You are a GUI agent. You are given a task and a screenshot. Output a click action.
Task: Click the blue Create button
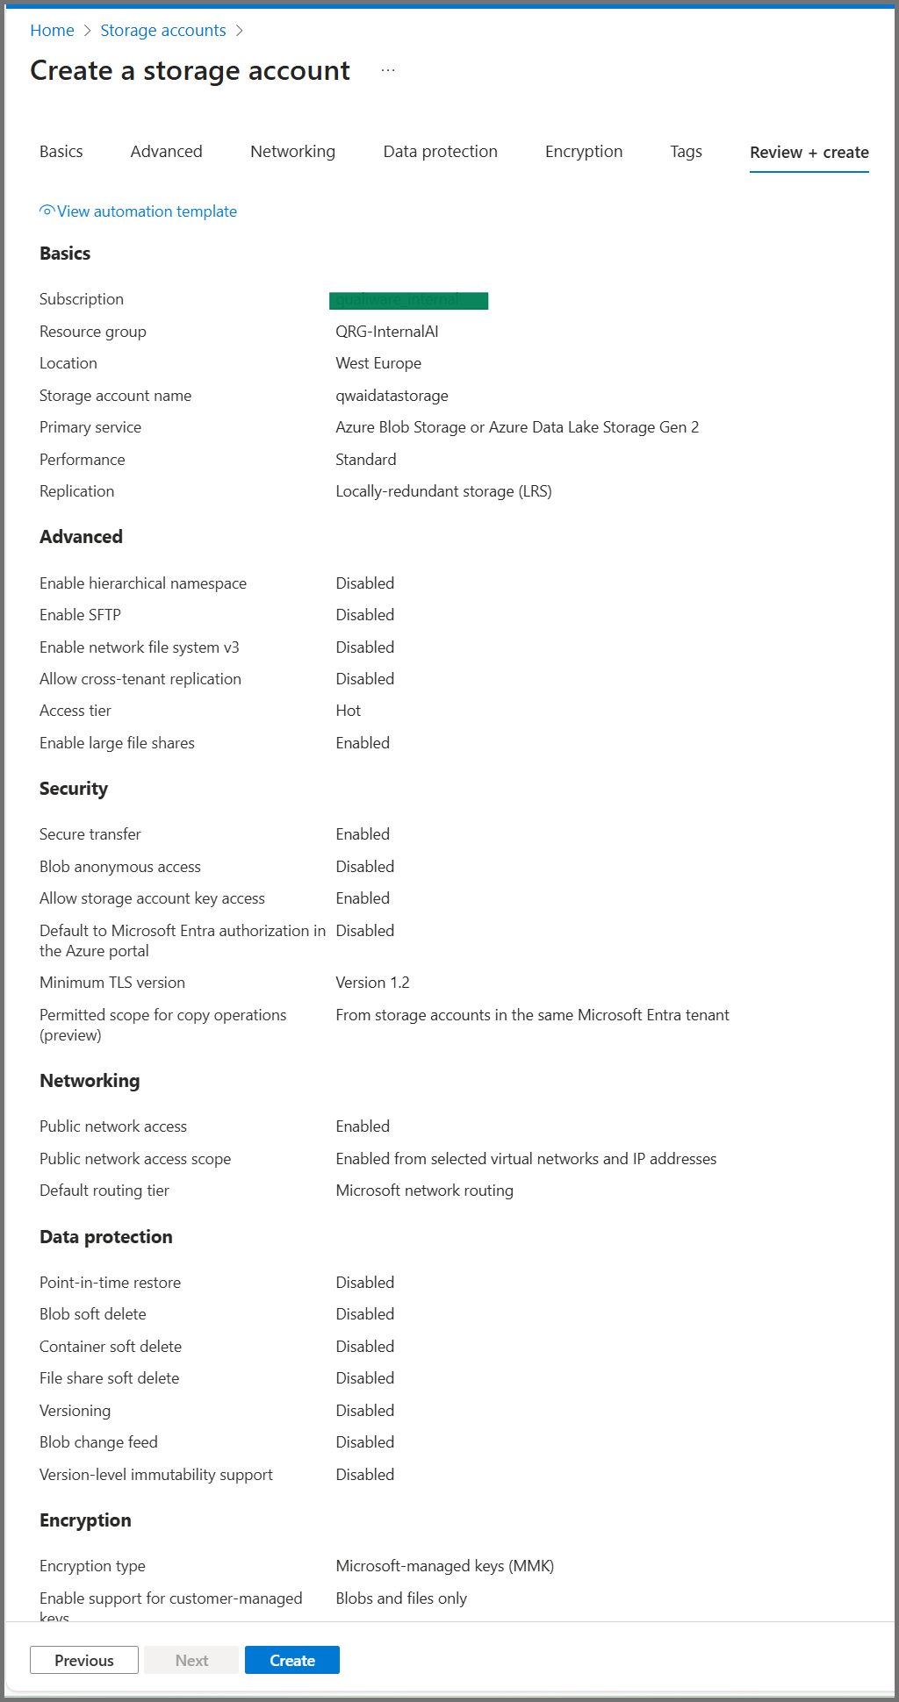tap(291, 1660)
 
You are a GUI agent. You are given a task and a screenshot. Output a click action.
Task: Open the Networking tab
tap(292, 152)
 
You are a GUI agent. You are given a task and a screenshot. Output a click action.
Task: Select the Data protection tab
tap(440, 152)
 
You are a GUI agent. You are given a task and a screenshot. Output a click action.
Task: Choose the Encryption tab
tap(583, 152)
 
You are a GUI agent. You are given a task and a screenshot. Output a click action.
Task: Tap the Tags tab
tap(686, 152)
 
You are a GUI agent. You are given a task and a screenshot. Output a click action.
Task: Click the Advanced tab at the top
tap(166, 152)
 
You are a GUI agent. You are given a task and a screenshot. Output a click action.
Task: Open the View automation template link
tap(146, 211)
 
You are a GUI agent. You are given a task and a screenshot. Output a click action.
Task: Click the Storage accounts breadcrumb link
tap(162, 31)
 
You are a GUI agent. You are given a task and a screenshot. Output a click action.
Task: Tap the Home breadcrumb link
tap(52, 31)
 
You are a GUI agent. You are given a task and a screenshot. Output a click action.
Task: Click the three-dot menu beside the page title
tap(388, 70)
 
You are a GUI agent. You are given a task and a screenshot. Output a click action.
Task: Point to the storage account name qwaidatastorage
tap(392, 396)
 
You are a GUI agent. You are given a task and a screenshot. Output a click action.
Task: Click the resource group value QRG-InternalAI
tap(386, 332)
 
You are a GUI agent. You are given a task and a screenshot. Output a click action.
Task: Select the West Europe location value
tap(378, 363)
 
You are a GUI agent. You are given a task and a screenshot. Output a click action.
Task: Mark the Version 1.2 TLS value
tap(372, 983)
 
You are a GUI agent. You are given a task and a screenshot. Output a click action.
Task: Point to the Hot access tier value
tap(348, 711)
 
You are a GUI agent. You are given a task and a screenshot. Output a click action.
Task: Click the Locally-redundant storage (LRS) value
tap(443, 491)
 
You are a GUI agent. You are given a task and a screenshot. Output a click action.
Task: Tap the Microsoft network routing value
tap(424, 1191)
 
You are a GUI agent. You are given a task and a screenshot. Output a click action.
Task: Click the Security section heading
tap(74, 789)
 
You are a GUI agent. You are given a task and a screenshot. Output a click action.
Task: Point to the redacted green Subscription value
tap(408, 301)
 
